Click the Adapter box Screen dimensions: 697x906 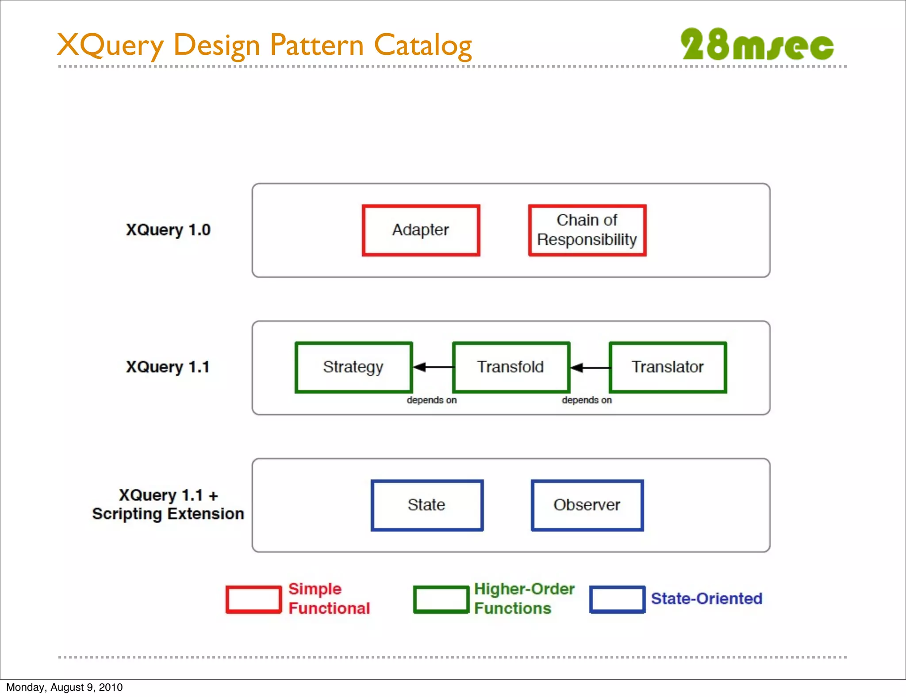(x=421, y=230)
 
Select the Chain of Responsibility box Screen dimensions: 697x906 (x=587, y=230)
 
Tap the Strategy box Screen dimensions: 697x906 (x=353, y=367)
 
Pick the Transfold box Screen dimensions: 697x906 (x=511, y=367)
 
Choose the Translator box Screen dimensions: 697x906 (x=668, y=367)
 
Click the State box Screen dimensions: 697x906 (x=427, y=505)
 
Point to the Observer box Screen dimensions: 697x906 (x=587, y=505)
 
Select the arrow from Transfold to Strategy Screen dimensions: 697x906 (x=433, y=367)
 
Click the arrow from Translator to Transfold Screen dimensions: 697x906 (x=590, y=368)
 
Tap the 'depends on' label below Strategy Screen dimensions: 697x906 (x=431, y=400)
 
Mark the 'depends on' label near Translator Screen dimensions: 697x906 (x=587, y=400)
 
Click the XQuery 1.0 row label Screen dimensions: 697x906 (x=168, y=230)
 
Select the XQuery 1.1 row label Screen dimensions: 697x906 (x=168, y=367)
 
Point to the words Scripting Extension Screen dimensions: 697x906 (x=168, y=514)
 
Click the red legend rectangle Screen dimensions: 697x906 (x=253, y=600)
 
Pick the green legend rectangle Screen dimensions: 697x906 (x=441, y=600)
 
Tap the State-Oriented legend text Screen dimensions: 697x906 (x=706, y=599)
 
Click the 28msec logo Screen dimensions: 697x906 (x=757, y=45)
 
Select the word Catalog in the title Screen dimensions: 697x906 (x=422, y=46)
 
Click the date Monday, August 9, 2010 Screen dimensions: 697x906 (x=65, y=687)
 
